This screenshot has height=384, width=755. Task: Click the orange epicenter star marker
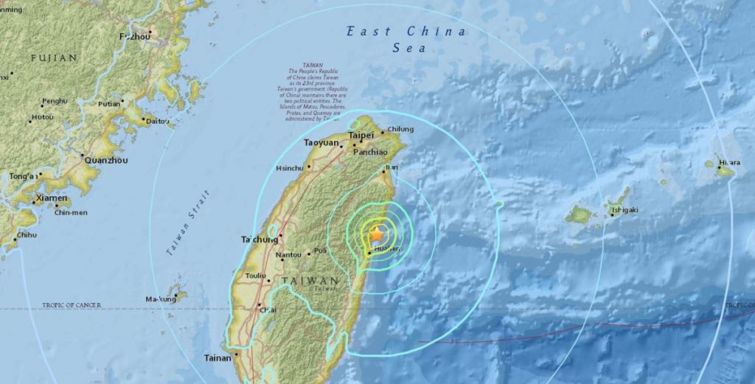pyautogui.click(x=377, y=234)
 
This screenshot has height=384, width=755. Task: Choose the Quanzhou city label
pyautogui.click(x=106, y=160)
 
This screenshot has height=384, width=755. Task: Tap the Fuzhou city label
pyautogui.click(x=136, y=35)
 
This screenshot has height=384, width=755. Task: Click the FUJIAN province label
pyautogui.click(x=54, y=57)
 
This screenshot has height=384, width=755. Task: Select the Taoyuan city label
pyautogui.click(x=321, y=143)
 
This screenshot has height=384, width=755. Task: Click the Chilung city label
pyautogui.click(x=401, y=130)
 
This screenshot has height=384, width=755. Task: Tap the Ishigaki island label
pyautogui.click(x=624, y=212)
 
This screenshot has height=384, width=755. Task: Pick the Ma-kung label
pyautogui.click(x=161, y=299)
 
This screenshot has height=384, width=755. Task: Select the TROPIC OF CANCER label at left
pyautogui.click(x=72, y=305)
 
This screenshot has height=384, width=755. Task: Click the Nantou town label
pyautogui.click(x=288, y=255)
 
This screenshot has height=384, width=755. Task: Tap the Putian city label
pyautogui.click(x=108, y=104)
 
